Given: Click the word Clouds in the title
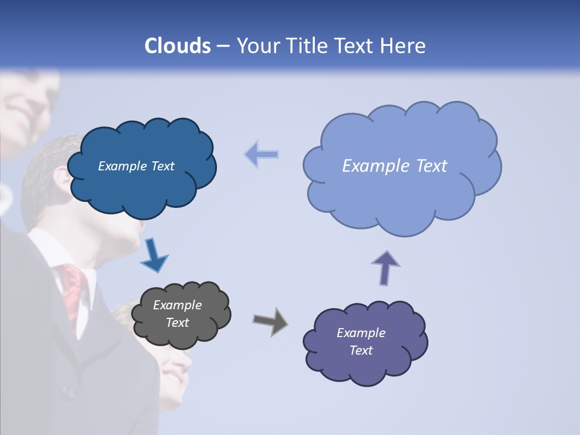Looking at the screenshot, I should (178, 46).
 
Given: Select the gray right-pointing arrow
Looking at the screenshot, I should (271, 321).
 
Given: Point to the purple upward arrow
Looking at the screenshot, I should (385, 268).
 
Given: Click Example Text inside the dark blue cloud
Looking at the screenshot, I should (136, 166).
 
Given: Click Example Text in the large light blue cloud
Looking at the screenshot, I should (395, 166).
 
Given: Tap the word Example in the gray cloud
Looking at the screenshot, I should (177, 305).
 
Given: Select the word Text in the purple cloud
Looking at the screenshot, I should (361, 350).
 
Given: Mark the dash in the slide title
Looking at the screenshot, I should (223, 46).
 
